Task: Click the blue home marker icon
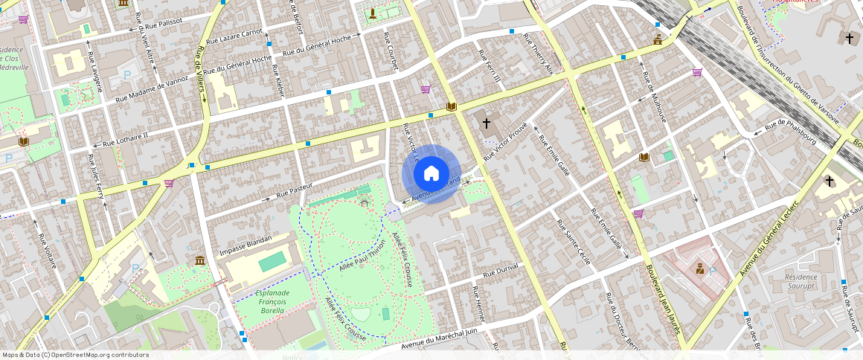pos(431,174)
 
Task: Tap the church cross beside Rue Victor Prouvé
pos(487,123)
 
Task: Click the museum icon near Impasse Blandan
pos(200,260)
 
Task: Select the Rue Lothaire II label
pos(125,138)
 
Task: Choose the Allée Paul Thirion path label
pos(362,255)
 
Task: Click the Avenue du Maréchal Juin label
pos(438,338)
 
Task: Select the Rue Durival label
pos(500,273)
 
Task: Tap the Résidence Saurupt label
pos(801,280)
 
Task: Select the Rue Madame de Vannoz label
pos(152,89)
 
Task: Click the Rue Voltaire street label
pos(47,253)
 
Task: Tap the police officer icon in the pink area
pos(700,268)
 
